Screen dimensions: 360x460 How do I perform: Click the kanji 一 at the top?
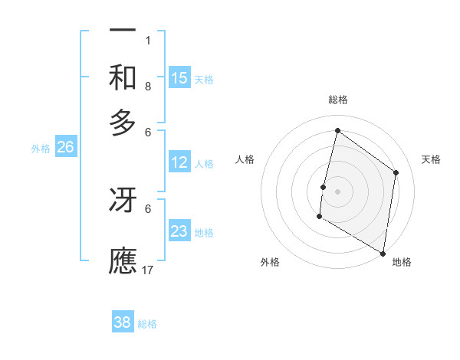click(x=123, y=30)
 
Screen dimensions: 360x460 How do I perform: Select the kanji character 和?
click(x=123, y=78)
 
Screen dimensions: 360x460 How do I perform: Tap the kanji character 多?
click(x=123, y=123)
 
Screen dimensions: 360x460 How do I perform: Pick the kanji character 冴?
click(x=123, y=200)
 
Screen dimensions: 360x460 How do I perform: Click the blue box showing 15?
click(x=179, y=78)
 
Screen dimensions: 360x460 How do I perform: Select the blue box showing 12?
click(x=179, y=162)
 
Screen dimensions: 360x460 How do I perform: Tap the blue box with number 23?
click(x=179, y=231)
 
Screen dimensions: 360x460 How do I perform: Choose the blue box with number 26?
click(x=66, y=148)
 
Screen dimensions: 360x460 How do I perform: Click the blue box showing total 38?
click(x=123, y=322)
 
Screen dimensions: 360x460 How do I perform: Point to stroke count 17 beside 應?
click(x=148, y=270)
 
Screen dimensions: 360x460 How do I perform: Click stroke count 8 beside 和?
click(x=148, y=87)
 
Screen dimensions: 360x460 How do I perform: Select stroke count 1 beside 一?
click(x=148, y=41)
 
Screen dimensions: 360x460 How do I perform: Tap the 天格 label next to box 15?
click(x=204, y=79)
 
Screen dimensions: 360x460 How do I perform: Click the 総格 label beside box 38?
click(x=147, y=324)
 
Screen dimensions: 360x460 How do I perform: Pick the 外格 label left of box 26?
click(x=41, y=149)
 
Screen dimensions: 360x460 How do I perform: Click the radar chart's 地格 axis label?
click(x=402, y=263)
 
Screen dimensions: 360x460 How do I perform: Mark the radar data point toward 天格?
click(x=396, y=173)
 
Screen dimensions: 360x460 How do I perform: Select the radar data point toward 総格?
click(x=337, y=131)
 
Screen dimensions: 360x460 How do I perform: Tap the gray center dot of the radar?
click(x=337, y=191)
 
